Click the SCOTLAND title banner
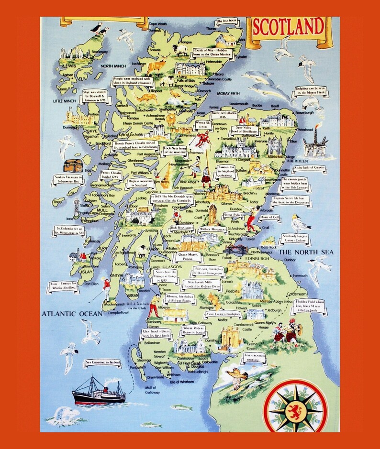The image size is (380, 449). click(x=288, y=28)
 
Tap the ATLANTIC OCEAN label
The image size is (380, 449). click(x=71, y=314)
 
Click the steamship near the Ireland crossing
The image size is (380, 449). click(x=98, y=391)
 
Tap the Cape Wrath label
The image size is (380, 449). click(x=158, y=23)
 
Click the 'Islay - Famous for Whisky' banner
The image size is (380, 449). click(x=63, y=287)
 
